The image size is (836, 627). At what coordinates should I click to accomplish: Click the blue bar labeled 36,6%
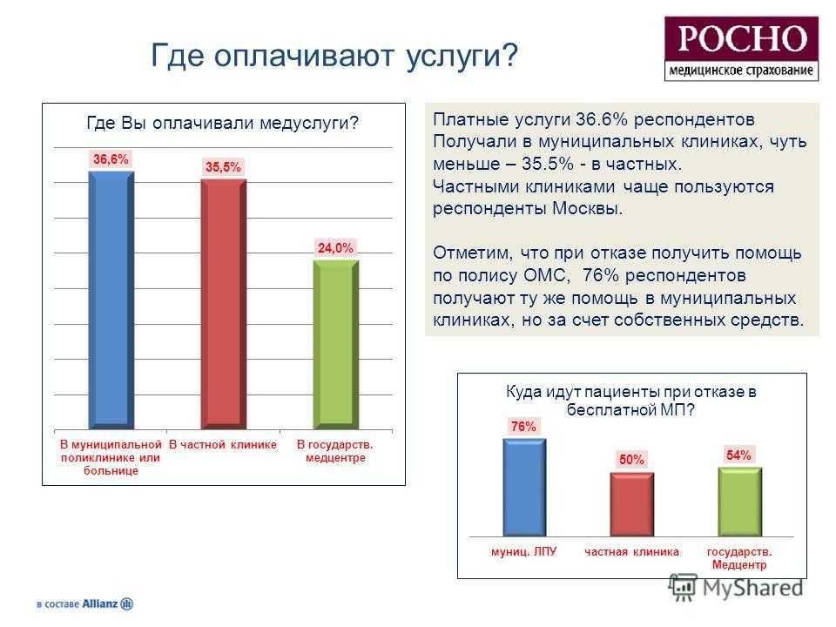pos(111,300)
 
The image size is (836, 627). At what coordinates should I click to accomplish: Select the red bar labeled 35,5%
pos(224,304)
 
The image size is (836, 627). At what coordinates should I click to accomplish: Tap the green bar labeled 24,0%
pos(336,345)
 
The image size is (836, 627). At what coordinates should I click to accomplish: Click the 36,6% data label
pos(111,158)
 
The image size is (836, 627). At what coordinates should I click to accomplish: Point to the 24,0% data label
pos(335,248)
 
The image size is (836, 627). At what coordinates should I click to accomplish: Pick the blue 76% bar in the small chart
pos(524,488)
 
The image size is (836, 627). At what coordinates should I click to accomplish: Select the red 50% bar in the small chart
pos(632,504)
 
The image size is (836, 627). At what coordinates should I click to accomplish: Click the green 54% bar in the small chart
pos(739,502)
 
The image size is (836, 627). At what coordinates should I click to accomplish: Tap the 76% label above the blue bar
pos(523,427)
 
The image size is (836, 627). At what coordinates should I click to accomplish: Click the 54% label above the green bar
pos(738,455)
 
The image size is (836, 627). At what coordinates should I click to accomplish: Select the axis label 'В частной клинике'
pos(223,445)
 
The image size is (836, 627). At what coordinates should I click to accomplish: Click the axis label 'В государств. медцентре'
pos(335,451)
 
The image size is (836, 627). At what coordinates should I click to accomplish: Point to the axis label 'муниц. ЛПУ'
pos(523,551)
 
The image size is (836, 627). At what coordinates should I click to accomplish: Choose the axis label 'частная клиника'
pos(632,552)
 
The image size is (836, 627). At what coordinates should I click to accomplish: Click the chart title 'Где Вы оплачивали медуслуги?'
pos(222,123)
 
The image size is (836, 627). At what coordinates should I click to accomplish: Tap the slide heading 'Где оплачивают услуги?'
pos(334,56)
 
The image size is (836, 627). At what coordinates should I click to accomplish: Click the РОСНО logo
pos(741,49)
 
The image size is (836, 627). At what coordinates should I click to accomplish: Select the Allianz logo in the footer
pos(84,603)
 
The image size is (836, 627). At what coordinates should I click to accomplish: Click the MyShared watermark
pos(737,587)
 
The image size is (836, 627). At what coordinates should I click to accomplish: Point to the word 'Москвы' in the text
pos(587,208)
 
